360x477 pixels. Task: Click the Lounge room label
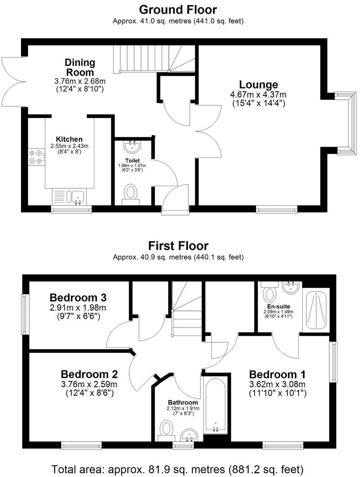tap(258, 85)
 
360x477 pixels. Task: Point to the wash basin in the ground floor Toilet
tap(133, 147)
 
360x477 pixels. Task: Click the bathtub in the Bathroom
tap(215, 405)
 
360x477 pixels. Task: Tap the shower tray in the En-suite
tap(316, 310)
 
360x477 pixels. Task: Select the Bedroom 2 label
tap(89, 374)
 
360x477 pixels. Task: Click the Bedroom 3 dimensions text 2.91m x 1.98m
tap(78, 307)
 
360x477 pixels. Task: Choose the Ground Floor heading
tap(178, 9)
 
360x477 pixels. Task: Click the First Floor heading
tap(178, 246)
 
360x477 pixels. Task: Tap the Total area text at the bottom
tap(177, 469)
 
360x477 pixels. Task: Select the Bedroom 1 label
tap(277, 374)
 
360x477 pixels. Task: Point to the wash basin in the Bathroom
tap(189, 436)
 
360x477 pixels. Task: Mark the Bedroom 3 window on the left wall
tap(24, 314)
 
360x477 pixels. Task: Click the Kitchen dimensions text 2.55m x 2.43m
tap(69, 146)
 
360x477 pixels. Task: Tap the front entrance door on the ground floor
tap(175, 202)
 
